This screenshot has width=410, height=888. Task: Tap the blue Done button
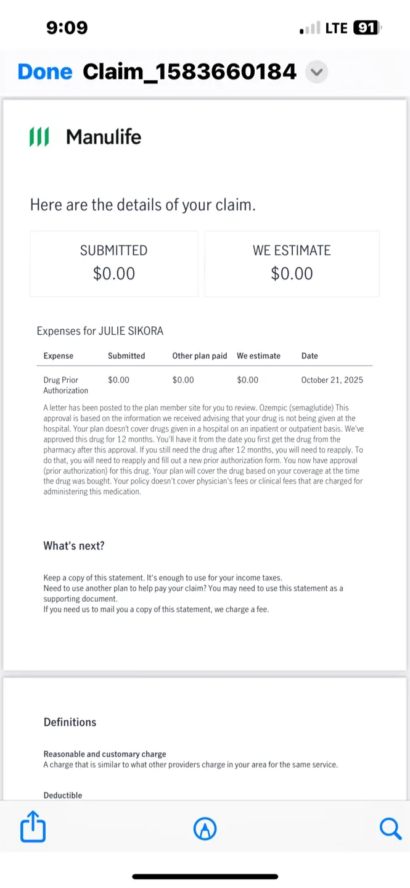(45, 72)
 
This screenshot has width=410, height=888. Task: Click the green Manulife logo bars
(39, 136)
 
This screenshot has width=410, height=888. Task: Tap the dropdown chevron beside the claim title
(316, 72)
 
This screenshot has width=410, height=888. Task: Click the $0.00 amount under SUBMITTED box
(114, 273)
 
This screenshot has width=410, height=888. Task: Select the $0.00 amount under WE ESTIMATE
(292, 273)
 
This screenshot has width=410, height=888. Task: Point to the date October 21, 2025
(332, 380)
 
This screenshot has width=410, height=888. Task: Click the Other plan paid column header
(200, 356)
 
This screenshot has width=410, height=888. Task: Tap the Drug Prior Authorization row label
(65, 385)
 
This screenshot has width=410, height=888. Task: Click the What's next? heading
(74, 546)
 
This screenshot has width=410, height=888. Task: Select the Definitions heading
(70, 722)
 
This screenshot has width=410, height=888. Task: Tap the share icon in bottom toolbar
(33, 828)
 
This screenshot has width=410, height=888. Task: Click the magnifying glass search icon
(390, 828)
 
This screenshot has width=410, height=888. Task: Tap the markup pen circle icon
(205, 829)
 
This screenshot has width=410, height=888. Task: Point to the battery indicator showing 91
(367, 28)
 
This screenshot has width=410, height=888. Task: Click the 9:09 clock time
(67, 28)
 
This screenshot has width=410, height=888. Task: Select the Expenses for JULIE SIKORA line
(100, 331)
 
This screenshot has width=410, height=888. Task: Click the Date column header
(310, 356)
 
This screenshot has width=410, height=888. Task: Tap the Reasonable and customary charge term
(105, 754)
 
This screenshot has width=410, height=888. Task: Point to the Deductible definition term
(63, 795)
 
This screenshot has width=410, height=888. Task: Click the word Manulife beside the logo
(104, 136)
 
